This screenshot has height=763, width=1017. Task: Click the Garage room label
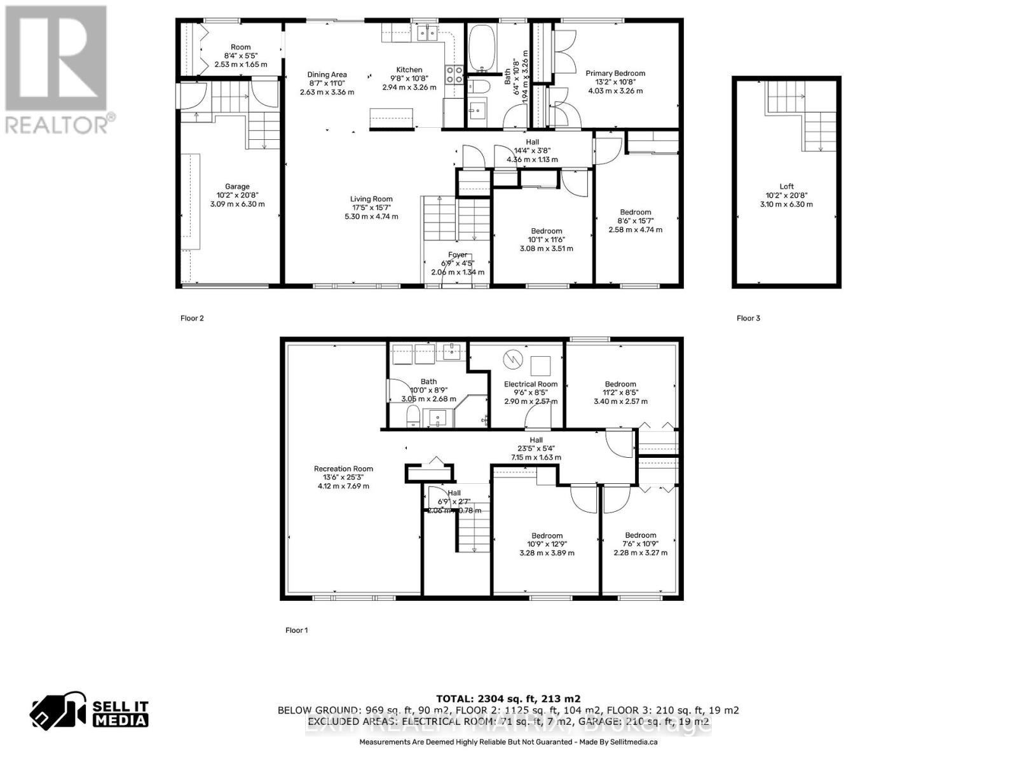(237, 187)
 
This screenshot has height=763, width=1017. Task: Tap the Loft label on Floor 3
(786, 187)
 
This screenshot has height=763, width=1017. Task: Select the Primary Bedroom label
(615, 74)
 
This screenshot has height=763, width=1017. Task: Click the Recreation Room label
(343, 469)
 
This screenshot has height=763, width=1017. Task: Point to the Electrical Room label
(530, 384)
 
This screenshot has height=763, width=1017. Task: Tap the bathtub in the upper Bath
(485, 48)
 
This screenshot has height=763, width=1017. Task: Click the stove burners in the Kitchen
(454, 75)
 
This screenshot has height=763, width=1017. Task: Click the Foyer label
(457, 255)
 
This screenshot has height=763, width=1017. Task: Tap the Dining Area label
(327, 74)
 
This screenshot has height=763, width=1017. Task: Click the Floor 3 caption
(748, 318)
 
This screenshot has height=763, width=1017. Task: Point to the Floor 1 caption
(296, 630)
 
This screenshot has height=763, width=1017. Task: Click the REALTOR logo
(57, 70)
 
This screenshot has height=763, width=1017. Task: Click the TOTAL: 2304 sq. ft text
(508, 698)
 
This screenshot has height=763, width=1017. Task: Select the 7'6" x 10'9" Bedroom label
(640, 535)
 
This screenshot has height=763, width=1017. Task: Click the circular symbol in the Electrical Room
(512, 360)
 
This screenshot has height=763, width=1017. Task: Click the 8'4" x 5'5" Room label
(240, 47)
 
